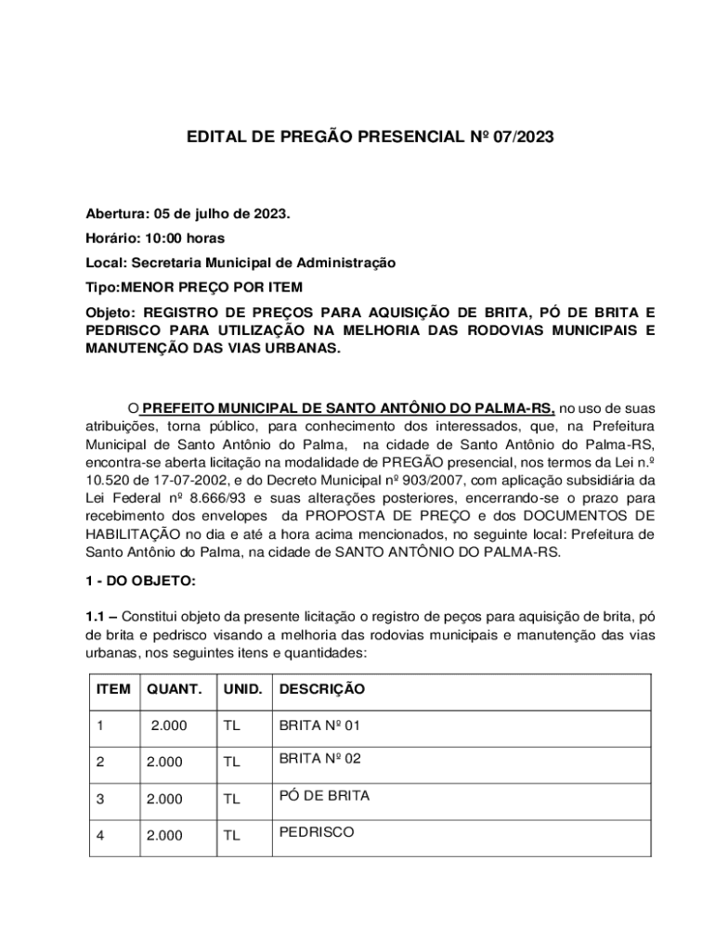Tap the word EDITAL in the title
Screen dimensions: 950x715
(x=214, y=138)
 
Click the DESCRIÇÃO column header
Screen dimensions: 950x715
(x=321, y=689)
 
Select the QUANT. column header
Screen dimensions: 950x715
(x=174, y=689)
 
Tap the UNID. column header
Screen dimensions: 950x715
(x=243, y=689)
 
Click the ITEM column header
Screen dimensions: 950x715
(x=113, y=689)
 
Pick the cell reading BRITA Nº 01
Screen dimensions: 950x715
(x=319, y=725)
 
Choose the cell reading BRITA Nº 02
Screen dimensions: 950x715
(x=319, y=759)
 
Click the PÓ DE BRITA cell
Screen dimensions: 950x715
(x=324, y=796)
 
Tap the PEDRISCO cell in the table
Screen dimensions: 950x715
(x=317, y=832)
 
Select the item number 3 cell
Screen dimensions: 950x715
(x=100, y=798)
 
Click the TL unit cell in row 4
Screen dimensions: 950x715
(x=231, y=835)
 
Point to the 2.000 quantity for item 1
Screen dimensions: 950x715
(x=169, y=725)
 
